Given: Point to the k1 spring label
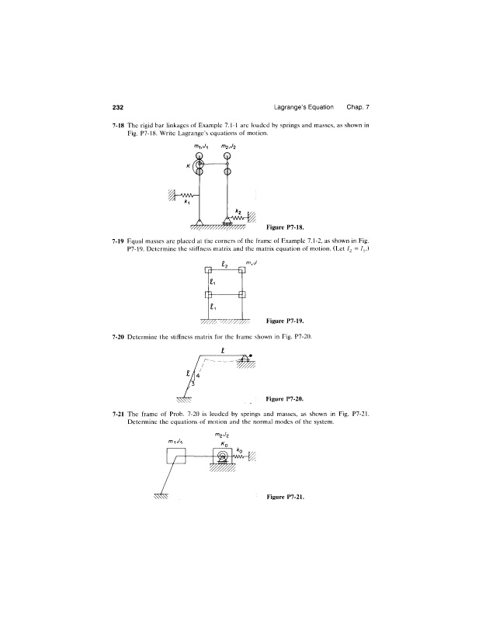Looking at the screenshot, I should point(186,205).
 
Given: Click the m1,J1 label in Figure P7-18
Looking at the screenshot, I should point(200,147).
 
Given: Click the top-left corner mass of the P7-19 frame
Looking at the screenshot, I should point(207,271).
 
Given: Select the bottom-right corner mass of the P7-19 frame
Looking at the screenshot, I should point(242,295).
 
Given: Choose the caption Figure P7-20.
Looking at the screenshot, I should point(284,399).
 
